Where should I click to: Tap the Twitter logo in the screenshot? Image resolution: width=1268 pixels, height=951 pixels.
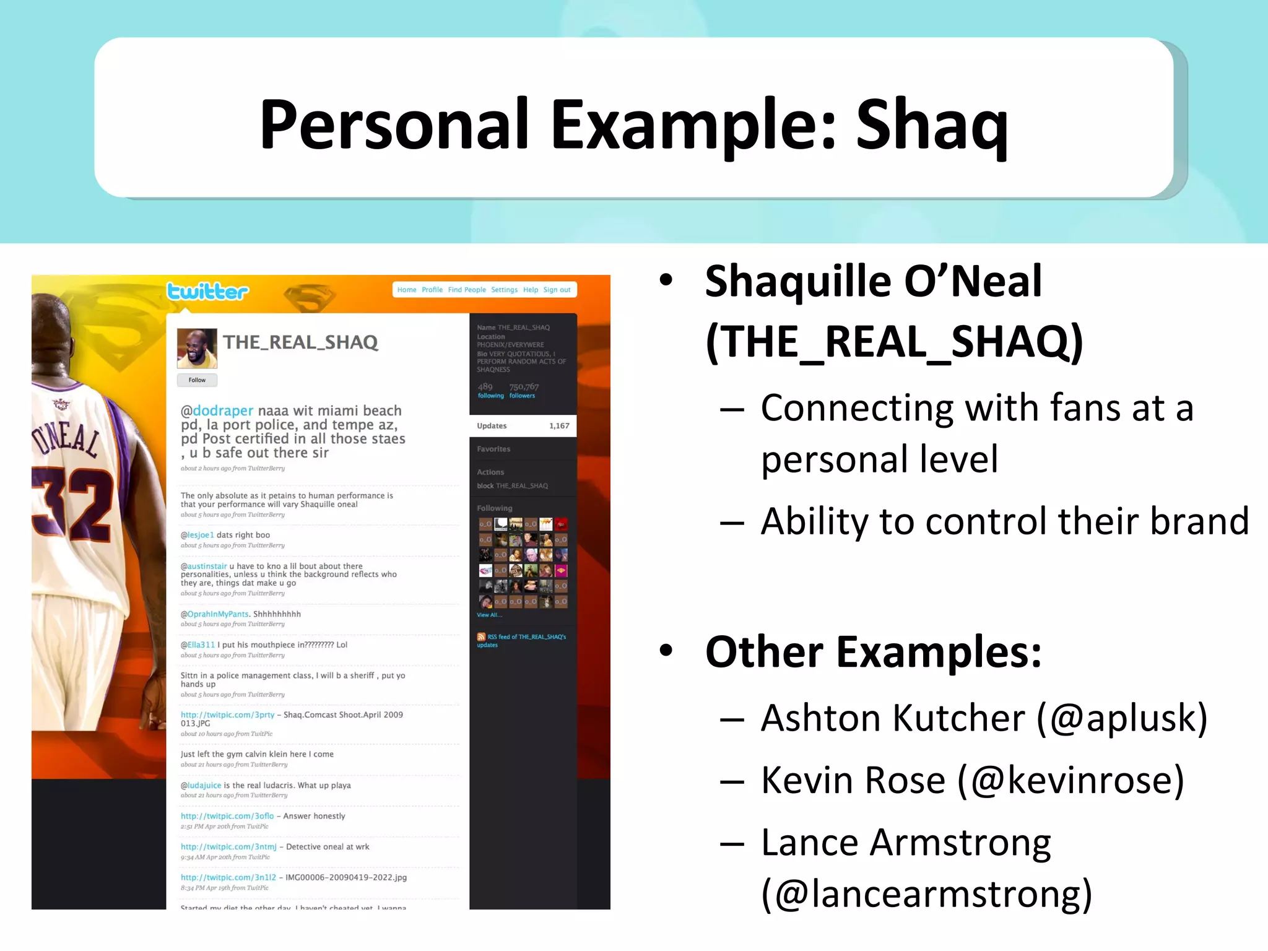207,291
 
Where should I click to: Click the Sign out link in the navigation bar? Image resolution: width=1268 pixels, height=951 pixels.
557,290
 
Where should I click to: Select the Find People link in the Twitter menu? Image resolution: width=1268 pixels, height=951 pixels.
467,290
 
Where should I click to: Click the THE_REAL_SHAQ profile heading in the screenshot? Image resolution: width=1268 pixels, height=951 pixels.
300,342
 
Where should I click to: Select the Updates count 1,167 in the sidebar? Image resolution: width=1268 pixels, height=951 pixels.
558,426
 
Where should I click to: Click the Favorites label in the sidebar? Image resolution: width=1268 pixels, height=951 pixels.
493,449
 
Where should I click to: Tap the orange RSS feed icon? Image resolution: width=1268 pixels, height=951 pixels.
481,636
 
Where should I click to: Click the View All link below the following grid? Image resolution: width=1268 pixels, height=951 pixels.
489,615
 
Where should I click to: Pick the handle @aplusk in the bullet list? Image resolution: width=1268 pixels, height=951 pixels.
1121,719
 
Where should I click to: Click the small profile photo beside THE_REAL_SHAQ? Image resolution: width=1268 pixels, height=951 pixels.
197,348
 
